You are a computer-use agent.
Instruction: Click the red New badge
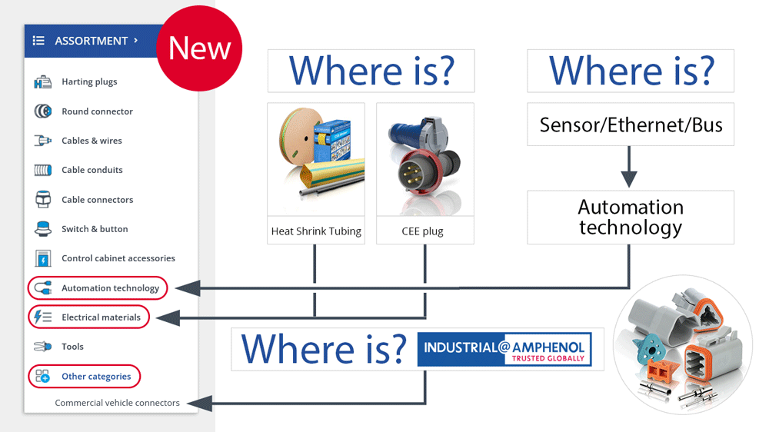click(199, 48)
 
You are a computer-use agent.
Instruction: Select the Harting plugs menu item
click(89, 81)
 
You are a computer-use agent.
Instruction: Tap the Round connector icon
click(42, 111)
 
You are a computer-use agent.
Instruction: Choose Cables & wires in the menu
click(92, 141)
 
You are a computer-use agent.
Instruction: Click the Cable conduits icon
click(42, 170)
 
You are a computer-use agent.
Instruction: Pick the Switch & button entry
click(95, 229)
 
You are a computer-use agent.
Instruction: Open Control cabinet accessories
click(118, 258)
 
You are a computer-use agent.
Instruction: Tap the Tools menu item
click(72, 347)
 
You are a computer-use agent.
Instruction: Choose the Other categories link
click(96, 376)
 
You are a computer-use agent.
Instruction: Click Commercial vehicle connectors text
click(117, 403)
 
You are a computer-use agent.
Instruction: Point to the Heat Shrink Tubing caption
click(316, 231)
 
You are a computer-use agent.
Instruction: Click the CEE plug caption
click(422, 231)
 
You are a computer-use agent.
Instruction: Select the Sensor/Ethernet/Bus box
click(631, 125)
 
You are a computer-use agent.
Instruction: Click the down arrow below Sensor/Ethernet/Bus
click(629, 167)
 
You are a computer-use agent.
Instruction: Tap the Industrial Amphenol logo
click(504, 349)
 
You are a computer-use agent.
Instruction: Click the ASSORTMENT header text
click(92, 41)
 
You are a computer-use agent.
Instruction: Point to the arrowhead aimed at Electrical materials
click(168, 317)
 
